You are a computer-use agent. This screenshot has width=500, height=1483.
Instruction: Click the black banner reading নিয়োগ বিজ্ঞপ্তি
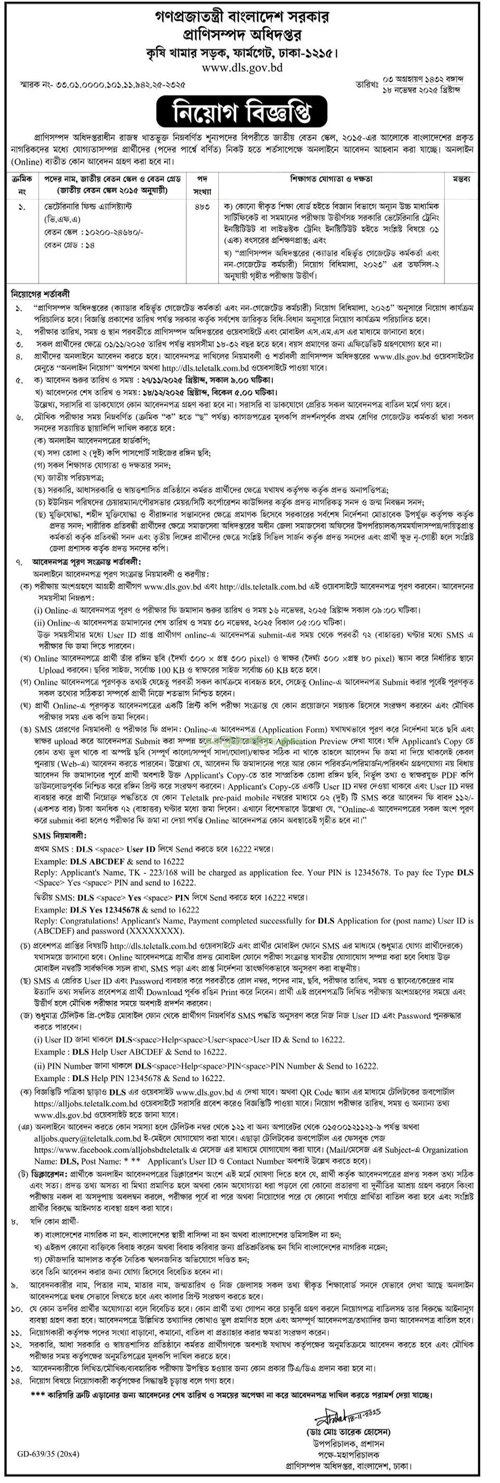tap(249, 112)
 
